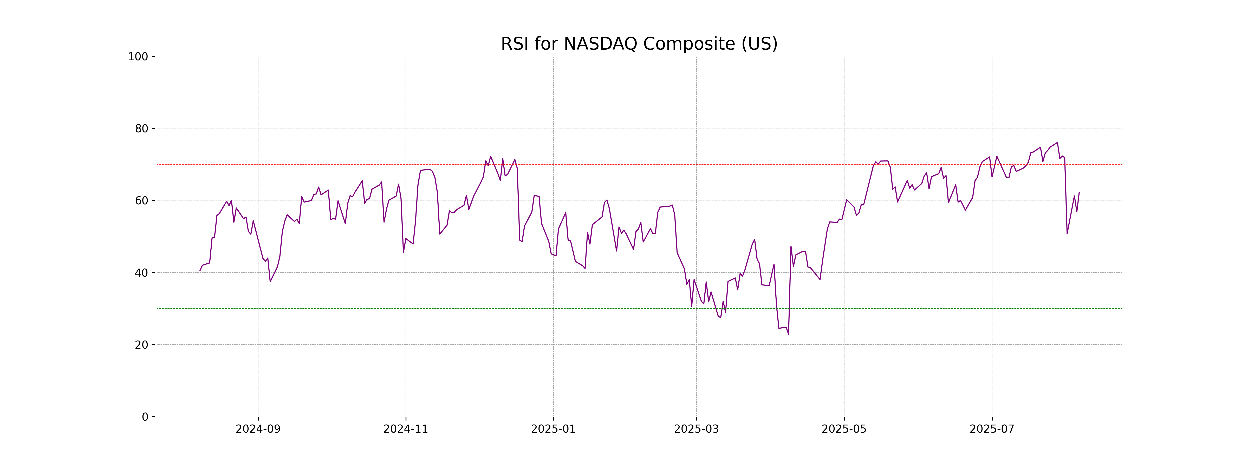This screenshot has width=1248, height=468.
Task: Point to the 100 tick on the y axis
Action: (x=138, y=57)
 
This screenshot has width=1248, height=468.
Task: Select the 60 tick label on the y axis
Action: (x=141, y=200)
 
